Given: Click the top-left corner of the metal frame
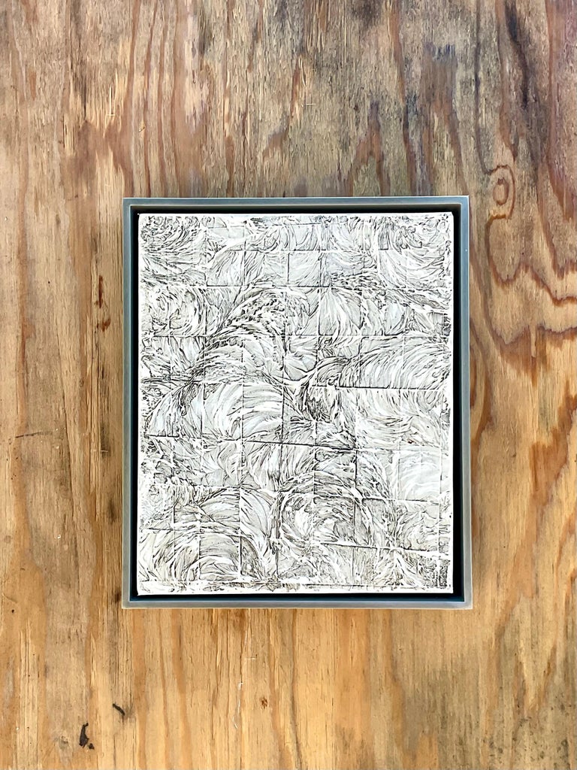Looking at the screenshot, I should [x=124, y=199].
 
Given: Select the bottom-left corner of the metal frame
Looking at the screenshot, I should [x=123, y=607].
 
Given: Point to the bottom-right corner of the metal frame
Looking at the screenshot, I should [x=471, y=607].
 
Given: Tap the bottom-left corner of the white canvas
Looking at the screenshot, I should [x=138, y=593].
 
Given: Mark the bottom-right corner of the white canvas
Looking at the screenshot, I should [x=453, y=591].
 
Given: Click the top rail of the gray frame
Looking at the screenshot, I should [x=296, y=202].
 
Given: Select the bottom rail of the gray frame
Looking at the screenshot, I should [x=296, y=603].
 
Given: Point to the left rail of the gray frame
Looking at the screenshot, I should [x=126, y=402].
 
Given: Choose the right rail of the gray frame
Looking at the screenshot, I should [x=466, y=402].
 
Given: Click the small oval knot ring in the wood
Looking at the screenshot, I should [x=500, y=189].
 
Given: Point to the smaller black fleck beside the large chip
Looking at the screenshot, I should [x=118, y=708].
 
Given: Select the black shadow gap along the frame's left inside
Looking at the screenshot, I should [x=134, y=402].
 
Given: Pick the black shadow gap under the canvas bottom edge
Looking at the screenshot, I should [x=296, y=596].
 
